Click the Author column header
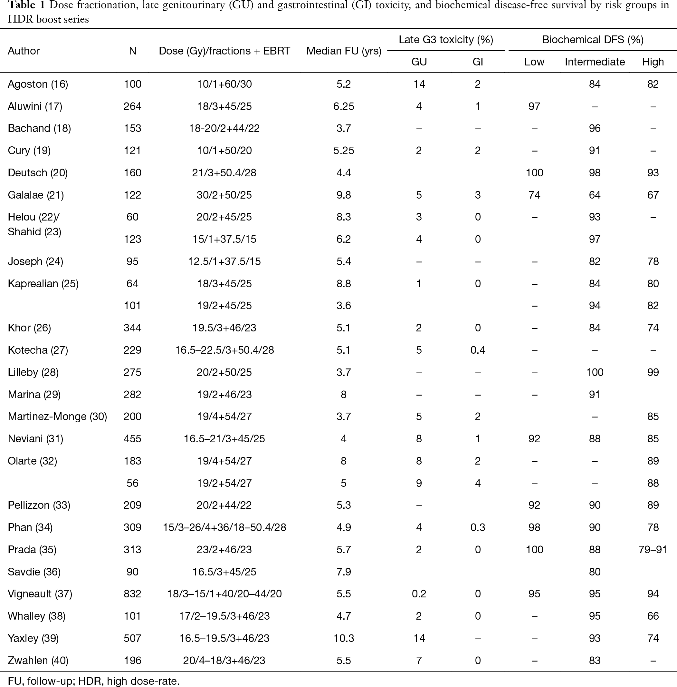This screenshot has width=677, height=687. (24, 51)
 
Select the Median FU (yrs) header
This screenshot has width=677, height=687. (344, 51)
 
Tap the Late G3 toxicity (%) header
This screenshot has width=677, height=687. (446, 39)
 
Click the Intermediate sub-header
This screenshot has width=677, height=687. (595, 62)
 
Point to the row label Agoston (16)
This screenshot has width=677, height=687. (38, 84)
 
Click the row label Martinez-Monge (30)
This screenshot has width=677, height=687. (58, 417)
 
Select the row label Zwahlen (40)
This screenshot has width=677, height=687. (38, 660)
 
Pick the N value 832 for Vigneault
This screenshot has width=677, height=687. (132, 594)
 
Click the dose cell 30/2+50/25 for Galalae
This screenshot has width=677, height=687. (224, 195)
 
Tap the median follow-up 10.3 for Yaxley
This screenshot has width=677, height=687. (344, 638)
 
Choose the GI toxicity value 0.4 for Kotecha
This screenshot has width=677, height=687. (478, 350)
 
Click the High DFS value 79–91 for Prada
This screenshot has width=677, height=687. (653, 549)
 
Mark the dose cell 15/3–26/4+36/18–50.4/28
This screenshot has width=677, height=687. (224, 527)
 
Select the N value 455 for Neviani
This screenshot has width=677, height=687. (132, 438)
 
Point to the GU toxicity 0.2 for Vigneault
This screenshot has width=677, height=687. (419, 594)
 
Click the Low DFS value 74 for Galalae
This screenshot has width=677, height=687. (534, 195)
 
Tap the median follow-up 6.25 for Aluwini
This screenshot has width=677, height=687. (344, 106)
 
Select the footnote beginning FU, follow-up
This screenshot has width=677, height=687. (94, 681)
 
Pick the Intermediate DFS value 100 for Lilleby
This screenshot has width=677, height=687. (595, 372)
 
